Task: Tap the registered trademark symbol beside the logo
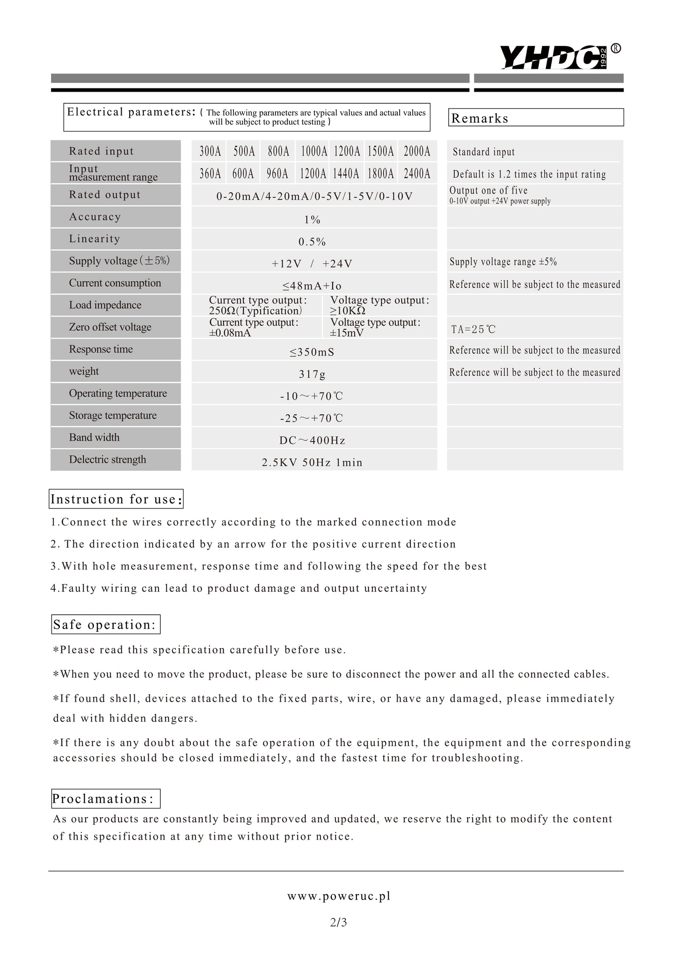616,49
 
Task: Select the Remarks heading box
536,118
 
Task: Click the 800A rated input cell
278,152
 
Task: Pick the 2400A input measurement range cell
417,174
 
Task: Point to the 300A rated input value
210,152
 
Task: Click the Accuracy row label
95,217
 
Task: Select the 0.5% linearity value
312,242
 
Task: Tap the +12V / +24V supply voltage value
312,264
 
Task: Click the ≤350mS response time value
312,352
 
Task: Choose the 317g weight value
312,374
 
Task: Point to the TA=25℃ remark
473,329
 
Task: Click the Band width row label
95,437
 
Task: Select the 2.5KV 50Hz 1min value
312,463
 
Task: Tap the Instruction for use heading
116,499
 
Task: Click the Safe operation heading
105,624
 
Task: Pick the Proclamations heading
105,798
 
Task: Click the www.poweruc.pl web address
339,896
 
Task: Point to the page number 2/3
338,922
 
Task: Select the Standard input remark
484,152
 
